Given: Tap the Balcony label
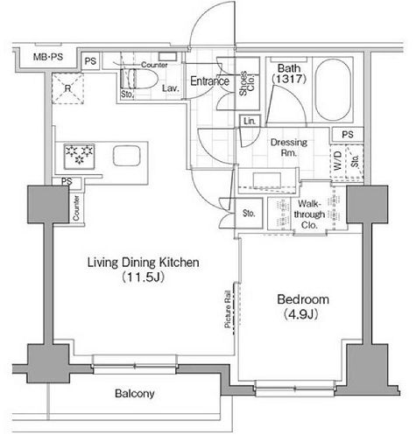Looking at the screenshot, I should pos(134,393).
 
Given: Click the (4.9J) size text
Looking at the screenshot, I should pos(300,314).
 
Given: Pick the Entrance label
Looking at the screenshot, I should pos(210,82).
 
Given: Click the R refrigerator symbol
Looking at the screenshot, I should pos(66,88).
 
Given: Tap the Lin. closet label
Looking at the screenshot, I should pos(250,119).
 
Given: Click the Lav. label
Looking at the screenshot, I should pos(172,88).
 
